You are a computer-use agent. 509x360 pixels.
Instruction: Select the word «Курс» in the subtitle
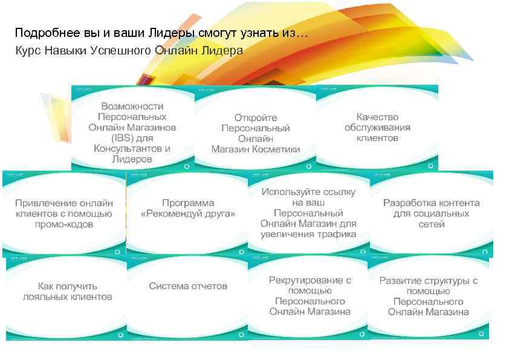[x=29, y=50]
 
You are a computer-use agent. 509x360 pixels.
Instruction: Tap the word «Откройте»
[x=256, y=117]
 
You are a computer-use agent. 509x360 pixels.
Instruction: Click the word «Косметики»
[x=276, y=149]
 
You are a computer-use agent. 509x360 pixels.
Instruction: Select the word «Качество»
[x=377, y=116]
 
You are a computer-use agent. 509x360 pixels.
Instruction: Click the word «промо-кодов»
[x=63, y=224]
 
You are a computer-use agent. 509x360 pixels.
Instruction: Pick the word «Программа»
[x=188, y=203]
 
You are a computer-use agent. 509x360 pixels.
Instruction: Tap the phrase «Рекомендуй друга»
[x=188, y=214]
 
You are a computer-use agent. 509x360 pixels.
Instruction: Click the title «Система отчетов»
[x=188, y=286]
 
